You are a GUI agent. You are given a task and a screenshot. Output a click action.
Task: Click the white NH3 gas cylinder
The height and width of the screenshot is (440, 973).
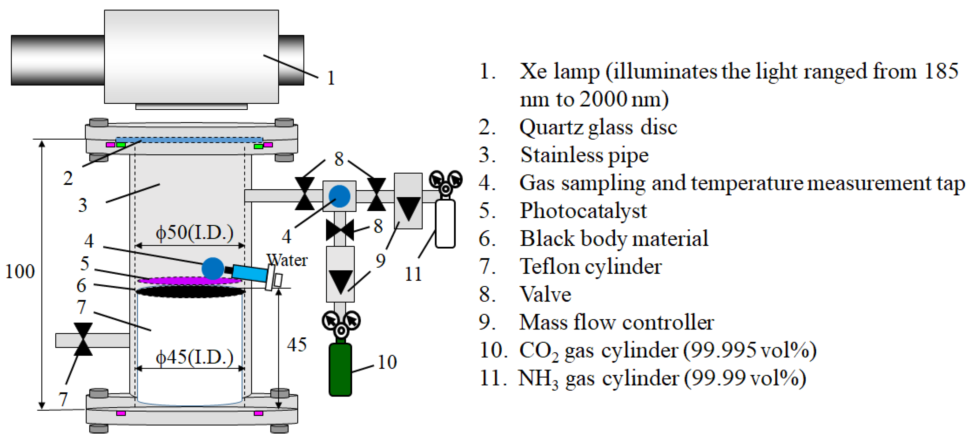tap(445, 224)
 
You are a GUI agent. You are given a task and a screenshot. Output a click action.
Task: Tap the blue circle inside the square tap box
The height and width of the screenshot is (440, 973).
tap(339, 196)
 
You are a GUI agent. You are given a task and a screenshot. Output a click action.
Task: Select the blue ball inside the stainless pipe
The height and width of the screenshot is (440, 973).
tap(213, 269)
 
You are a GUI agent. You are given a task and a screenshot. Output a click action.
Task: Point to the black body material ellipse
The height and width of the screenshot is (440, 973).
tap(190, 291)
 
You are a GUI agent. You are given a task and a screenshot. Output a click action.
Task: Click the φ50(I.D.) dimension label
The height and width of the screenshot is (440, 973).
tap(195, 232)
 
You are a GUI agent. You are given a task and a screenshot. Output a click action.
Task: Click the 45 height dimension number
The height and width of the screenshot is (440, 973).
tap(296, 345)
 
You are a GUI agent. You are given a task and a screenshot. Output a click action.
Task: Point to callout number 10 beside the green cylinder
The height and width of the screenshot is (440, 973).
tap(387, 362)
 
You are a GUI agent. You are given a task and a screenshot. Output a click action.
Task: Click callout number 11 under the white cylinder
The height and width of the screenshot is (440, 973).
tap(413, 274)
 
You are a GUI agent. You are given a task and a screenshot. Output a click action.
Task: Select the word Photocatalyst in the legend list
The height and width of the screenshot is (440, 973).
tap(583, 211)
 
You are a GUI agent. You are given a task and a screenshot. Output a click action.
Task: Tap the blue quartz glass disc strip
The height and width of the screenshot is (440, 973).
tap(189, 140)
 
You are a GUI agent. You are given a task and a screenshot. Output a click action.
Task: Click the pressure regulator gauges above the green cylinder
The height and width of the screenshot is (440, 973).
tap(341, 324)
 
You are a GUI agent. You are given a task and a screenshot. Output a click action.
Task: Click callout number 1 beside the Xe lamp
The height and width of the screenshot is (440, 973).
tap(331, 78)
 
